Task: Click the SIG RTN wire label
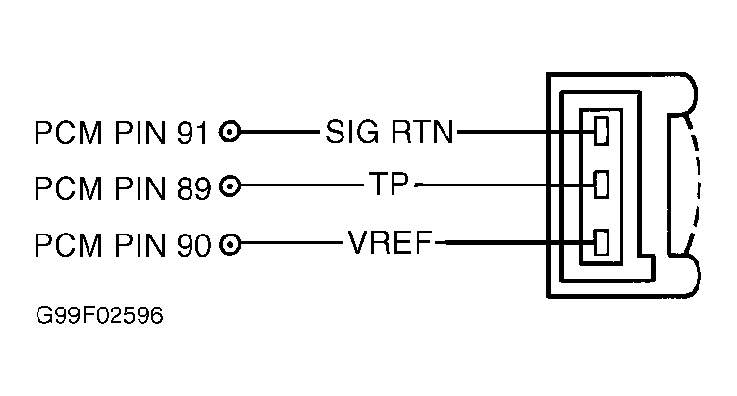(389, 131)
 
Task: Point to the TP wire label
(391, 185)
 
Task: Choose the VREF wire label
(390, 242)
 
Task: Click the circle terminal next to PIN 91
(230, 131)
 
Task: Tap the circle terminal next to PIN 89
(230, 186)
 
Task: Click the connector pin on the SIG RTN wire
(603, 131)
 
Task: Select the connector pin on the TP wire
(603, 185)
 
